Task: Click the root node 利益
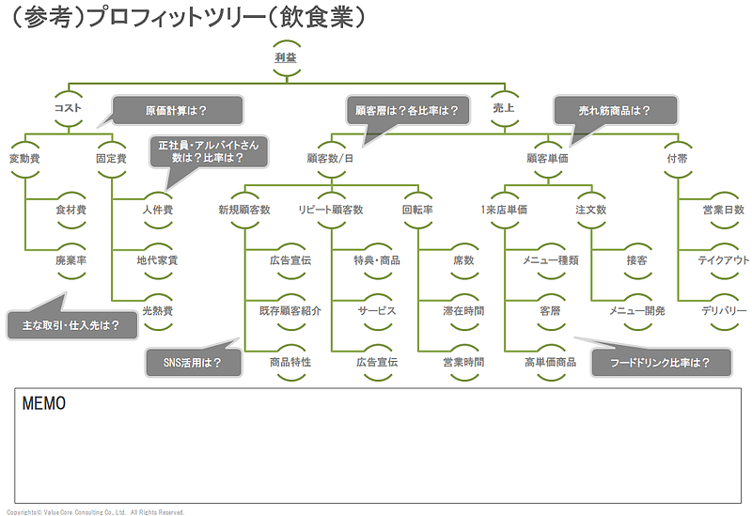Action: pos(286,57)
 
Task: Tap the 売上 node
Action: pos(504,107)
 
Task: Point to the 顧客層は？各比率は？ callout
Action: pos(407,110)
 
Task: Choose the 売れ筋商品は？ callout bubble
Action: pos(614,110)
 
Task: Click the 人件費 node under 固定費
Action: pos(157,210)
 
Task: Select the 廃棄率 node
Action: pos(71,260)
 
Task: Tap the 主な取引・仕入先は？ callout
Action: pos(70,326)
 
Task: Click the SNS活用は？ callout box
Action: pos(191,362)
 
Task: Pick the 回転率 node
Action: pos(417,210)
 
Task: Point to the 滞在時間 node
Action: pos(463,311)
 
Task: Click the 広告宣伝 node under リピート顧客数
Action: pos(377,362)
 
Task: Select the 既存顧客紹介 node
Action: pos(290,311)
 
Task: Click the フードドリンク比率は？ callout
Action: pos(659,362)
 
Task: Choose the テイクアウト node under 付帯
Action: pos(723,260)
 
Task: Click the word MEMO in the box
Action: pos(43,404)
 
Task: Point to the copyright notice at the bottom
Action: pos(94,511)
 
